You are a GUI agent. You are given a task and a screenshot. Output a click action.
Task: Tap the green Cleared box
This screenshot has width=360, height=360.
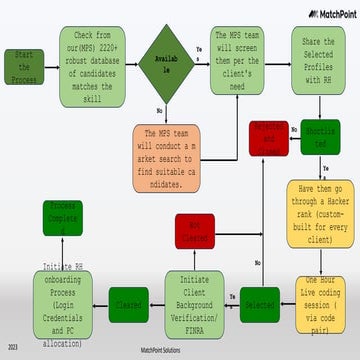(x=129, y=299)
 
